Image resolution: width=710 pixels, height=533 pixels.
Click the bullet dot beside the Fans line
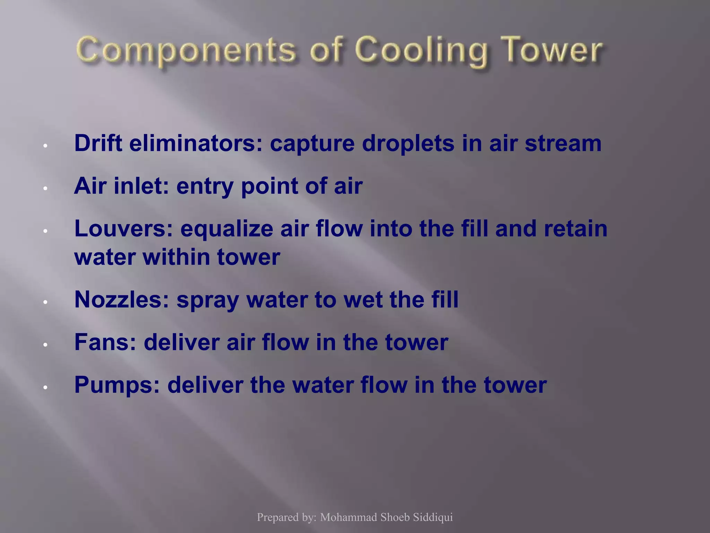(45, 345)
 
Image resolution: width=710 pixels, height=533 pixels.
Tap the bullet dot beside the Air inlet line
(45, 188)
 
